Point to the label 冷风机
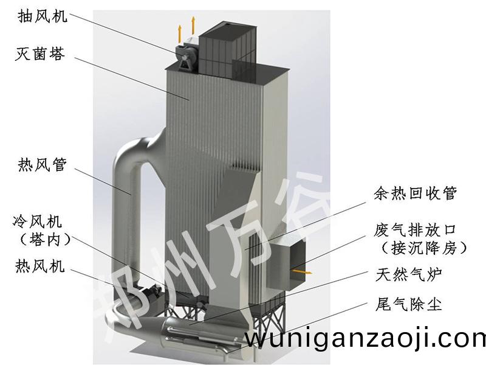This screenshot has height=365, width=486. [42, 220]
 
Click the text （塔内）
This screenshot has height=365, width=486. [42, 239]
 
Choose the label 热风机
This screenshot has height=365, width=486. [42, 266]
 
